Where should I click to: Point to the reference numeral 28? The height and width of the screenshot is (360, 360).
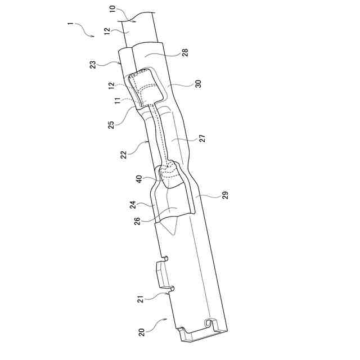coord(186,52)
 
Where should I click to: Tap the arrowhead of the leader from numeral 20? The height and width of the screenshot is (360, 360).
coord(167,319)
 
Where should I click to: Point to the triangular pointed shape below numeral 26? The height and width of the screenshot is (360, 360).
coord(169,228)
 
